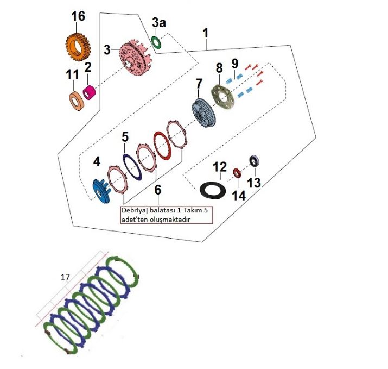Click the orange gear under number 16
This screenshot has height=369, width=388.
pyautogui.click(x=78, y=48)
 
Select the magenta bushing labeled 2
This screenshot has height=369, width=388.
pyautogui.click(x=89, y=92)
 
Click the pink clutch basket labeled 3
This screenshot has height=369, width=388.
pyautogui.click(x=135, y=59)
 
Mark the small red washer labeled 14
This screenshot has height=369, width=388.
pyautogui.click(x=237, y=173)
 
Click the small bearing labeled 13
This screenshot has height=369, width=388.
pyautogui.click(x=254, y=161)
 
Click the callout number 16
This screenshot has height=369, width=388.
pyautogui.click(x=78, y=16)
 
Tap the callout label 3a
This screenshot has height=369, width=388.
pyautogui.click(x=159, y=23)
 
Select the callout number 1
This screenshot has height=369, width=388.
pyautogui.click(x=206, y=33)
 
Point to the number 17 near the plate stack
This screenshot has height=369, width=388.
pyautogui.click(x=65, y=277)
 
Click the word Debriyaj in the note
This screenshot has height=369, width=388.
pyautogui.click(x=134, y=211)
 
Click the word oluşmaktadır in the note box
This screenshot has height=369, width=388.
pyautogui.click(x=171, y=220)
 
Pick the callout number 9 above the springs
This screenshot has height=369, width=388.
pyautogui.click(x=234, y=64)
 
